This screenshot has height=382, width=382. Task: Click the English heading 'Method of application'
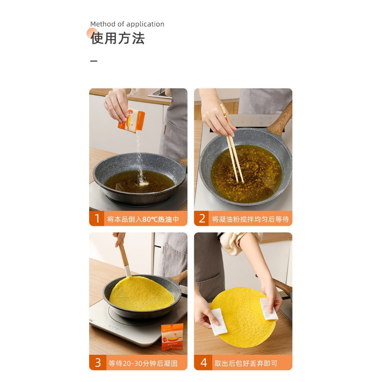point(127,24)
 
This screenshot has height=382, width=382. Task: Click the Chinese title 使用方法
point(118,38)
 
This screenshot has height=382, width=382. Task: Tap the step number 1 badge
point(97,218)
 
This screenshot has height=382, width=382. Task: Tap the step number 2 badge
point(201,218)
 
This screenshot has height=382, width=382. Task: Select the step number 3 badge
point(98,363)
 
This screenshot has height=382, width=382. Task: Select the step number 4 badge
point(203,363)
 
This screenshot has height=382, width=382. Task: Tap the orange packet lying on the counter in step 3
point(172,337)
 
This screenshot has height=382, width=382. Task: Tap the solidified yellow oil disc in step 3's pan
point(142,293)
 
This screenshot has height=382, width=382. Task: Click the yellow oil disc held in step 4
point(243,317)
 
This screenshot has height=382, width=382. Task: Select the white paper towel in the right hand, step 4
point(268,309)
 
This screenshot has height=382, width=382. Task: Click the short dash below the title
point(94,61)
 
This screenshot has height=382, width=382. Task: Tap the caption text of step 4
point(246,363)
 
